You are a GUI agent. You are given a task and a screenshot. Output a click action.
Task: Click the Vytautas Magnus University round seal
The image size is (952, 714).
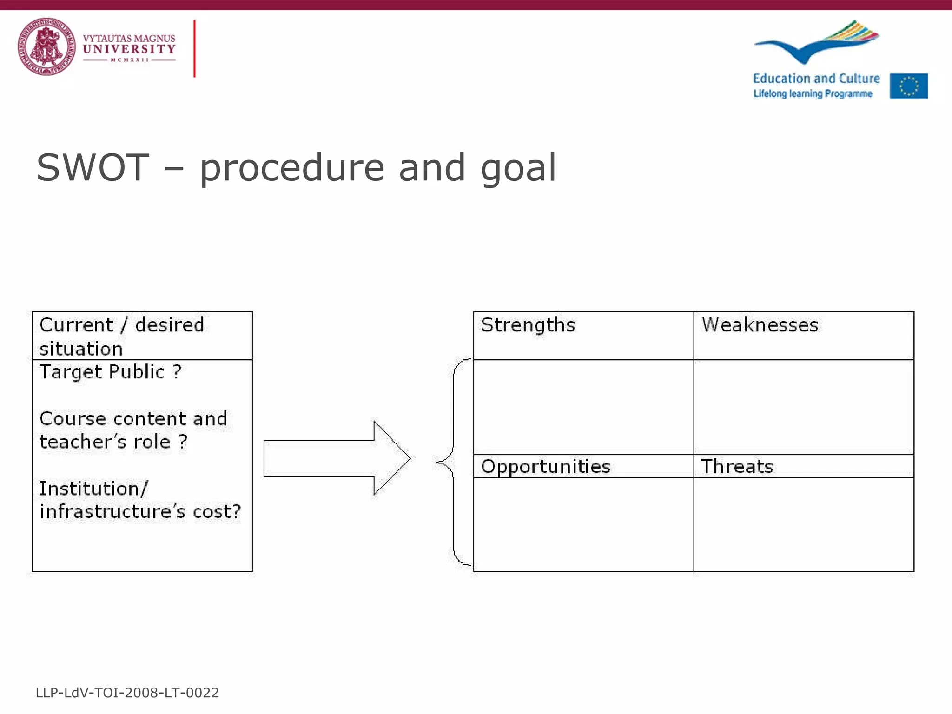pyautogui.click(x=46, y=46)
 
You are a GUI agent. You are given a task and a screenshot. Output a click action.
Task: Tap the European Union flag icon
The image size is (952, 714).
pyautogui.click(x=909, y=86)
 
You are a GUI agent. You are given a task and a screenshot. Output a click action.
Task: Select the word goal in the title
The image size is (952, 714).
pyautogui.click(x=518, y=168)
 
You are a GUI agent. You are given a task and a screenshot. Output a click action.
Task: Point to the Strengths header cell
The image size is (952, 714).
pyautogui.click(x=528, y=325)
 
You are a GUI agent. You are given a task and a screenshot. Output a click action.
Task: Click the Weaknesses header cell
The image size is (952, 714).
pyautogui.click(x=760, y=325)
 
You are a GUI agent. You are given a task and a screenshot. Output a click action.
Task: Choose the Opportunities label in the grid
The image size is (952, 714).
pyautogui.click(x=545, y=466)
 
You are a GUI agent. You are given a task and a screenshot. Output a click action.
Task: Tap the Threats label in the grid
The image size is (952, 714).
pyautogui.click(x=737, y=466)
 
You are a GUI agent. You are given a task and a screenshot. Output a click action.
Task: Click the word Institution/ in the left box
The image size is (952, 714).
pyautogui.click(x=93, y=489)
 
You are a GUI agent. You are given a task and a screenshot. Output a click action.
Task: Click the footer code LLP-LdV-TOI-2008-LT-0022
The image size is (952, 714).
pyautogui.click(x=127, y=693)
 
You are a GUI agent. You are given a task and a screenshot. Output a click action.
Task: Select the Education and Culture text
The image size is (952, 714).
pyautogui.click(x=816, y=79)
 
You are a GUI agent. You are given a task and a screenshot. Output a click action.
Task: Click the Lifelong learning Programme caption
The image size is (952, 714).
pyautogui.click(x=813, y=94)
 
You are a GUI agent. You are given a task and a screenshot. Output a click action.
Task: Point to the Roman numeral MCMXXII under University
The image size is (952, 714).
pyautogui.click(x=129, y=60)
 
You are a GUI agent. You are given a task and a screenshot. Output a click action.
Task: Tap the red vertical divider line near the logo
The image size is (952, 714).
pyautogui.click(x=194, y=48)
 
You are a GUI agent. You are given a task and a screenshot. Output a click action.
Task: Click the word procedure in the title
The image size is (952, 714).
pyautogui.click(x=292, y=168)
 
